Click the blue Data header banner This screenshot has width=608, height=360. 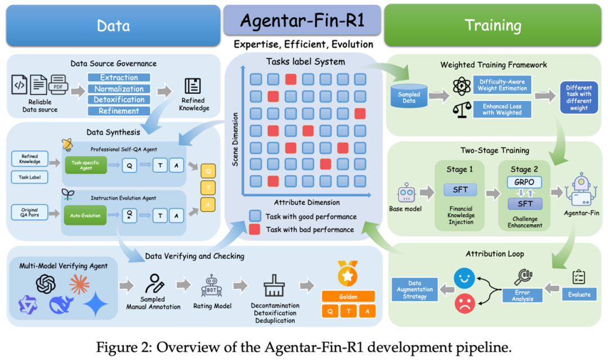113,25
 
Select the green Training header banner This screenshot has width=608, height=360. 493,25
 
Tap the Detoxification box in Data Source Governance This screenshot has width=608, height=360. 119,100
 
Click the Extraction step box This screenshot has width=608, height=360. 119,78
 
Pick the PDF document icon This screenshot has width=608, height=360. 58,84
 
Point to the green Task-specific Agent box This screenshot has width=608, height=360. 86,165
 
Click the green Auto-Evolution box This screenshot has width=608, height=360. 86,215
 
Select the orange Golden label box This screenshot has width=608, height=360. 348,296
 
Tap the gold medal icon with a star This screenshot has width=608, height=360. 347,273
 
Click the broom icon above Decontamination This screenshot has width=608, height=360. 274,286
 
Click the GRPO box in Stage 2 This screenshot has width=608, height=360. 524,182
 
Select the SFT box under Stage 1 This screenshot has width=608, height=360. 461,190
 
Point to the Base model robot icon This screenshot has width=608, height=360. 406,192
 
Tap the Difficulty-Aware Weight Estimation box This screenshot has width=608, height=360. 502,85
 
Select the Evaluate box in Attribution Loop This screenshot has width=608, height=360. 579,295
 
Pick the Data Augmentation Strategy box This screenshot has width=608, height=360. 414,290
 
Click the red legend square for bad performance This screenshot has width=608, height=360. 255,229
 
